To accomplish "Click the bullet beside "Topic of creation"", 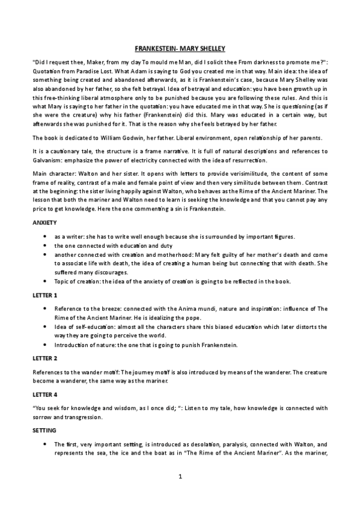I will (x=47, y=281).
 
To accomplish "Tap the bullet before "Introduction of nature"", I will (x=47, y=345).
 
